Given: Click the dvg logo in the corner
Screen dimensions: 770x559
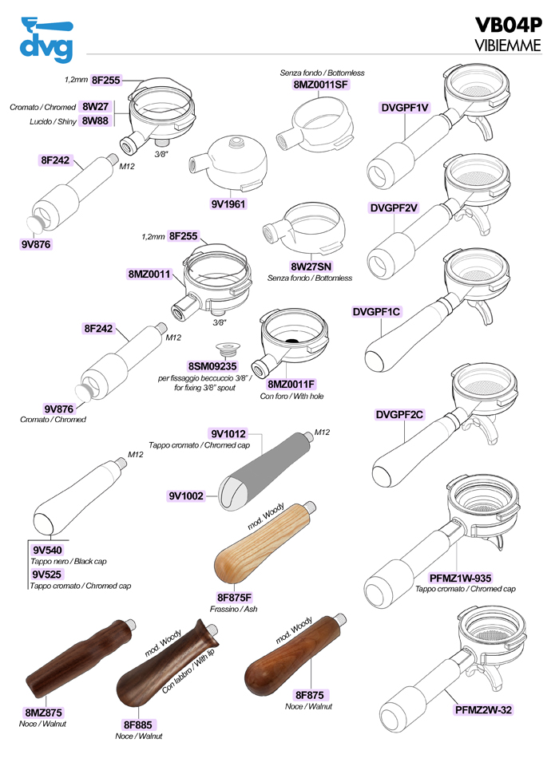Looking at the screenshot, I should click(x=46, y=38).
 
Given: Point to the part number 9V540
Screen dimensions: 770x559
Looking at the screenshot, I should click(x=47, y=551).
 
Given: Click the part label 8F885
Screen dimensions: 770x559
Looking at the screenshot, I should click(x=137, y=724).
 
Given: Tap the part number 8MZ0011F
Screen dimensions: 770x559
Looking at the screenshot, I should click(x=291, y=384).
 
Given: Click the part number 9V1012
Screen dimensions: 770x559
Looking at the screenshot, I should click(x=228, y=434).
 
